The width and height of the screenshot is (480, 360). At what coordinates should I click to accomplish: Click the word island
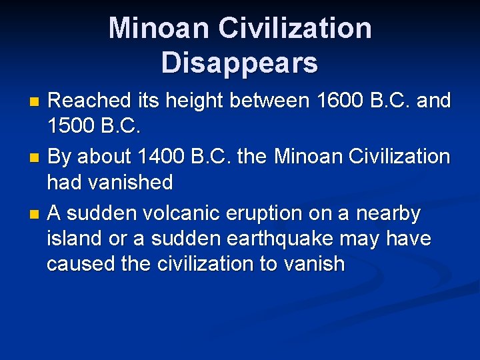(75, 238)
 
